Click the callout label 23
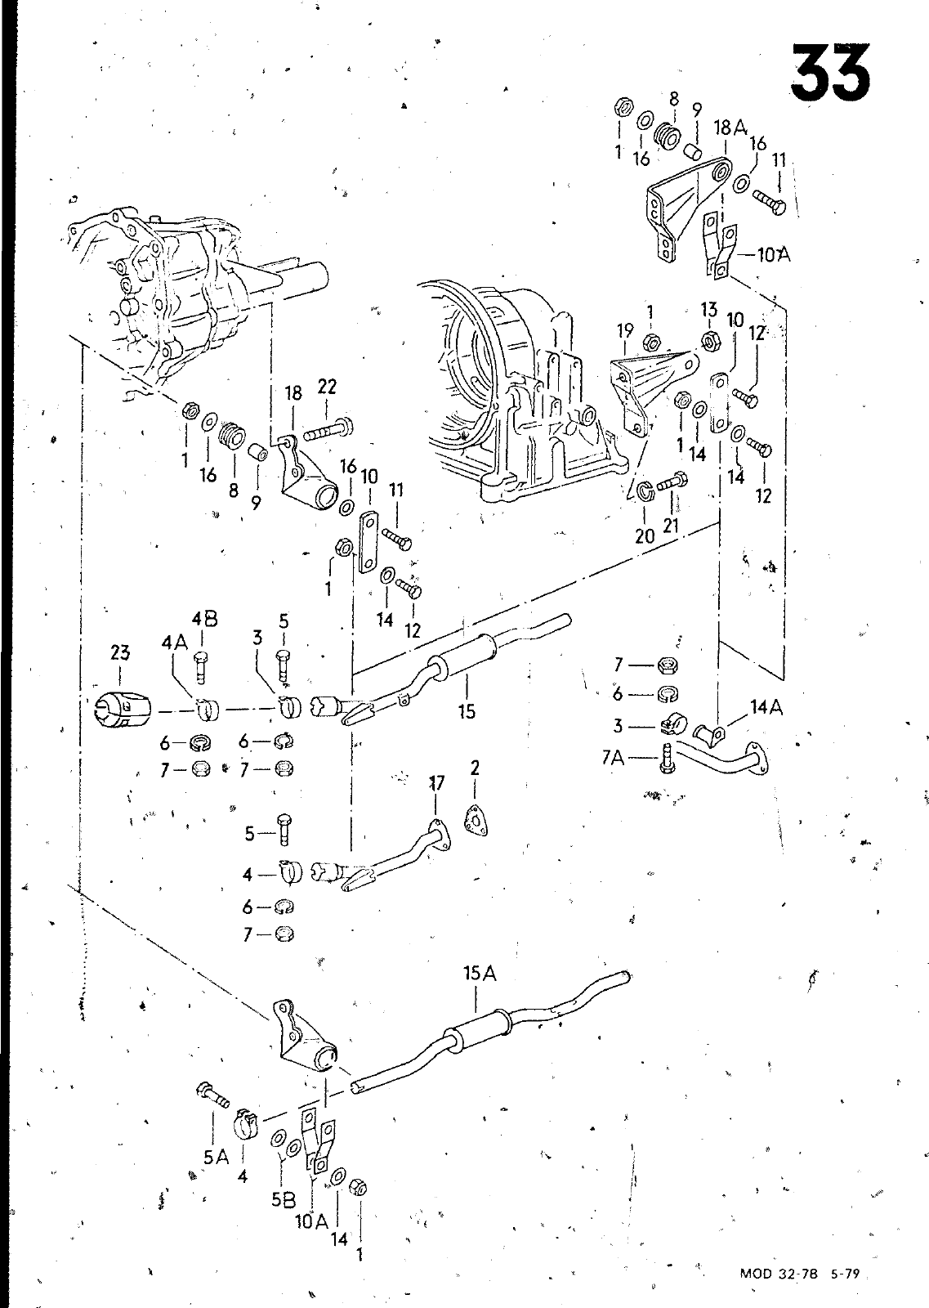pyautogui.click(x=120, y=653)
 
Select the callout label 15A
pyautogui.click(x=480, y=974)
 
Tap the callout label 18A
pyautogui.click(x=730, y=128)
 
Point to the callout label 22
pyautogui.click(x=327, y=387)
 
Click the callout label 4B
pyautogui.click(x=205, y=619)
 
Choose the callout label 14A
pyautogui.click(x=766, y=707)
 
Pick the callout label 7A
pyautogui.click(x=612, y=758)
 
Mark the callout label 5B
pyautogui.click(x=284, y=1200)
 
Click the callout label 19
pyautogui.click(x=625, y=331)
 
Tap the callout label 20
pyautogui.click(x=645, y=536)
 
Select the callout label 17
pyautogui.click(x=436, y=782)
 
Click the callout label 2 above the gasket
pyautogui.click(x=475, y=768)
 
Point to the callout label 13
pyautogui.click(x=709, y=310)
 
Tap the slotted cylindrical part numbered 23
pyautogui.click(x=122, y=710)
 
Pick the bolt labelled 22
pyautogui.click(x=328, y=429)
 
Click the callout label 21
pyautogui.click(x=671, y=526)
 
